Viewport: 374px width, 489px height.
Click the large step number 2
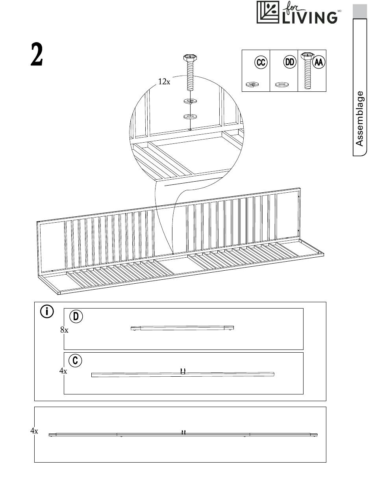(x=37, y=55)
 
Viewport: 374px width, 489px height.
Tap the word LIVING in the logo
(x=309, y=17)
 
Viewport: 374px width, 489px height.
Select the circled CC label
(x=261, y=63)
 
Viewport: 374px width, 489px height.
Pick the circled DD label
(x=289, y=63)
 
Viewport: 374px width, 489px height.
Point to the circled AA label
(x=318, y=63)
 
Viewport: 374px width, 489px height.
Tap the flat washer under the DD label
(x=281, y=84)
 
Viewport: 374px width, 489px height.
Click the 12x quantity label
(x=164, y=82)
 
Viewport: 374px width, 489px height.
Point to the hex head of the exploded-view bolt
(x=190, y=58)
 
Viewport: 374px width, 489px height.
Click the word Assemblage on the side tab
(x=359, y=119)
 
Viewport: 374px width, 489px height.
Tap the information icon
(x=47, y=312)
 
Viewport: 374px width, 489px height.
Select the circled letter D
(x=76, y=316)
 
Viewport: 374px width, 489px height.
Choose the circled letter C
(x=75, y=361)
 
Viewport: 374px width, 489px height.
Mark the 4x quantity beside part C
(x=63, y=371)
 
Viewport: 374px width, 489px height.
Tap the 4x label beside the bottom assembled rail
(x=34, y=431)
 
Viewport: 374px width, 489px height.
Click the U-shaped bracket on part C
(x=183, y=371)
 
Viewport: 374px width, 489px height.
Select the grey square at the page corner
(x=359, y=11)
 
